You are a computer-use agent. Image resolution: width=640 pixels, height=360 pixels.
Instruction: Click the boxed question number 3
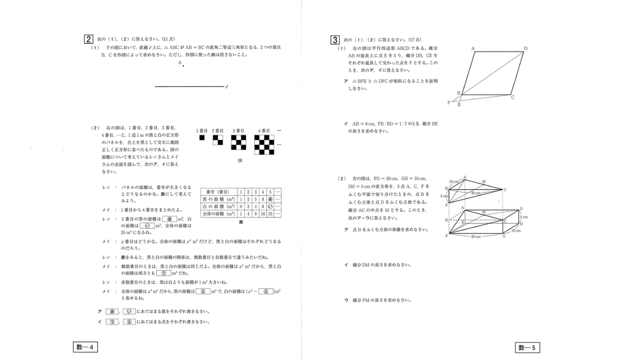point(335,39)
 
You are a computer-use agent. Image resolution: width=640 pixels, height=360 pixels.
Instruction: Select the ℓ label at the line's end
point(227,87)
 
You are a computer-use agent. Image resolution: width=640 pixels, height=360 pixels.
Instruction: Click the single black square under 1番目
point(202,137)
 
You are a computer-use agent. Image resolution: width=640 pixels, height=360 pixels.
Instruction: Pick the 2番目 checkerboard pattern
point(217,139)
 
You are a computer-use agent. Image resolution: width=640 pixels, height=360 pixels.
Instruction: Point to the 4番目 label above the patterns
point(263,130)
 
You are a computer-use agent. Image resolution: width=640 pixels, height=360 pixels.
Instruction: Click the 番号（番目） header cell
point(218,191)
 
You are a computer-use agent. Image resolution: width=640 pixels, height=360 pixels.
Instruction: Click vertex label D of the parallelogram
point(525,48)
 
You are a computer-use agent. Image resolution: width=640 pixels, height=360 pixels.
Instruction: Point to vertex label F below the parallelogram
point(449,102)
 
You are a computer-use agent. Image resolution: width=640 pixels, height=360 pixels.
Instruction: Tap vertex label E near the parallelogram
point(459,104)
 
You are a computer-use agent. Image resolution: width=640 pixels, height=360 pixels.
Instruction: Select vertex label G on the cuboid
point(504,236)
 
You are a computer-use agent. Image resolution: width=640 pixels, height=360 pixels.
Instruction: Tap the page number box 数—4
point(85,347)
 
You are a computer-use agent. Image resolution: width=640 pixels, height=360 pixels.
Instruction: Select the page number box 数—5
point(527,347)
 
